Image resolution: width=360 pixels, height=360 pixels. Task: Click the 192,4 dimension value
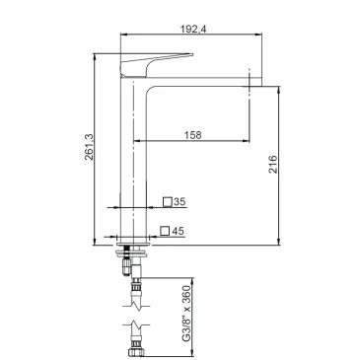tap(193, 29)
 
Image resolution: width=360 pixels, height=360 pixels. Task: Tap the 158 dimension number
tap(193, 135)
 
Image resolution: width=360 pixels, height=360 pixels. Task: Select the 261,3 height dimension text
tap(89, 147)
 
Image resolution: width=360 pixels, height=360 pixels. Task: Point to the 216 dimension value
tap(273, 164)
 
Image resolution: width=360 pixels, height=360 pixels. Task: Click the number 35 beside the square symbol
tap(180, 201)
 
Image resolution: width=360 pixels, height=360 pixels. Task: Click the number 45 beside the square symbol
tap(178, 231)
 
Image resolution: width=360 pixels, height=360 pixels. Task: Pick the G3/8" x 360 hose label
tap(186, 314)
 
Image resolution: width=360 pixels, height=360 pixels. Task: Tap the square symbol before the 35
tap(168, 201)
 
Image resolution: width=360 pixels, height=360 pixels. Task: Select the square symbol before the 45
tap(165, 231)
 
